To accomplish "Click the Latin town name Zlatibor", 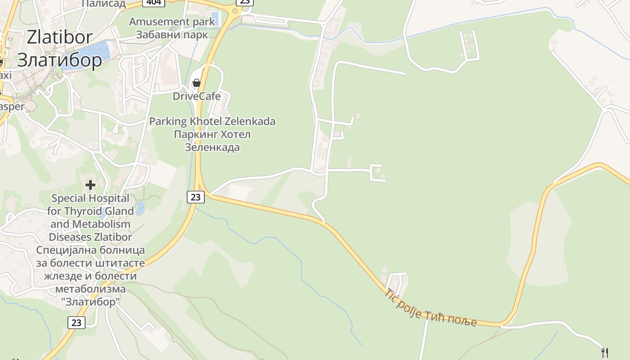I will tap(59, 37).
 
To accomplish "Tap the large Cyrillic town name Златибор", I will tap(59, 59).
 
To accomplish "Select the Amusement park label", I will tap(172, 22).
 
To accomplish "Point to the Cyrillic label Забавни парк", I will tap(172, 35).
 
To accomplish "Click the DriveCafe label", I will tap(197, 96).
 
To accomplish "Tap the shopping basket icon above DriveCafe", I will tap(196, 83).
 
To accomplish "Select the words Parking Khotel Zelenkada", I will tap(212, 121).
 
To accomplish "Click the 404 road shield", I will tap(153, 2).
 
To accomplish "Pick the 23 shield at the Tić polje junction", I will tap(195, 197).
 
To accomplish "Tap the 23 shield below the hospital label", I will tap(76, 322).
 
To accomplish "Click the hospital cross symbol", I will tap(90, 184).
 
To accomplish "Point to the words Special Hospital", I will tap(84, 198).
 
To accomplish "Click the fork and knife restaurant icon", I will tap(605, 352).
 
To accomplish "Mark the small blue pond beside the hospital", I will tap(141, 208).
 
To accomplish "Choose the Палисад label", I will tap(103, 4).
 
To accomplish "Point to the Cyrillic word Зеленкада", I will tap(212, 147).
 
